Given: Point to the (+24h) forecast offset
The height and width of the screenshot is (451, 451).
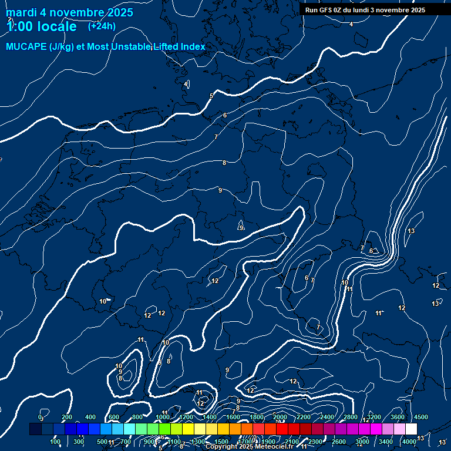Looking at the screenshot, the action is (x=102, y=26).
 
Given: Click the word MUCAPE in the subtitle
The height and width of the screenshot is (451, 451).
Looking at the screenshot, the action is (x=26, y=47).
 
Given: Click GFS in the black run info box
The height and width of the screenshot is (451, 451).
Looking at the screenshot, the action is (x=329, y=10).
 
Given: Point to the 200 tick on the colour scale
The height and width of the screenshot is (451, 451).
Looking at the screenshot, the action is (x=66, y=417).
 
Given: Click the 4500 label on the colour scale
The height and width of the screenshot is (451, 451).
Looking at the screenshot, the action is (x=420, y=417).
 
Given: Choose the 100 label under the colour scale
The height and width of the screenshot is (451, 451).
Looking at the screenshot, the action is (x=55, y=442).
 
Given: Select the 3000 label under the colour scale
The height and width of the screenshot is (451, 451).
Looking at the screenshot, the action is (x=362, y=442).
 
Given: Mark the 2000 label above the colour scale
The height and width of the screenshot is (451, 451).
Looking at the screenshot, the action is (x=280, y=417).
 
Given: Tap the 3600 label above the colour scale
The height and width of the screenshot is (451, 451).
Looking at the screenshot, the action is (x=397, y=417).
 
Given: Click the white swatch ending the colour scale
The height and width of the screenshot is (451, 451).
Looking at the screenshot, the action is (x=411, y=429).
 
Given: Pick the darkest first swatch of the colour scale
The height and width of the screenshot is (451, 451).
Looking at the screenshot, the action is (x=35, y=429).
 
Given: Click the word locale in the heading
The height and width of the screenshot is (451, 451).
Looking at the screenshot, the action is (x=57, y=26).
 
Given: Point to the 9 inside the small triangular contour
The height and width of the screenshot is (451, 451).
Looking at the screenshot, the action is (x=241, y=228).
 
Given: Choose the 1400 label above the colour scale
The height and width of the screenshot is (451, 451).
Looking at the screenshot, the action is (x=209, y=417).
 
